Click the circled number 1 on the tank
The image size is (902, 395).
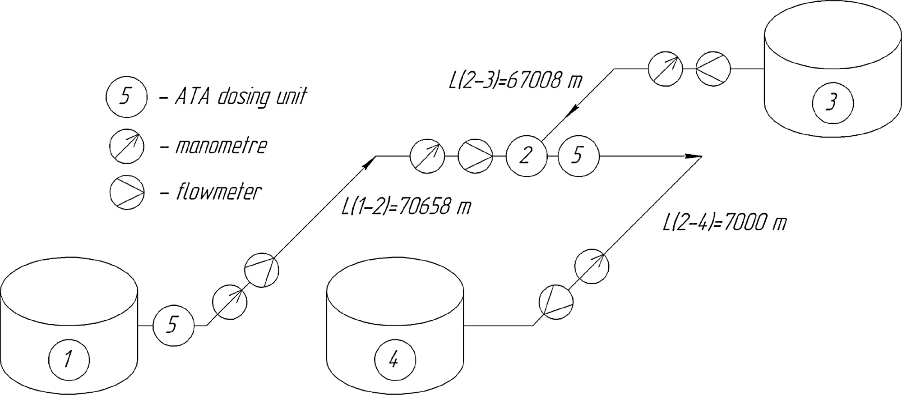click(69, 360)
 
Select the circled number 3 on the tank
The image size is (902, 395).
click(833, 103)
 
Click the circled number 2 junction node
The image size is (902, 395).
click(526, 156)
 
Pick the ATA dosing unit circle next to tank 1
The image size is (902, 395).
click(173, 325)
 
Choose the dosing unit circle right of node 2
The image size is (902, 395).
click(578, 156)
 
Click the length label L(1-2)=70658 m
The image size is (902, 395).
click(406, 207)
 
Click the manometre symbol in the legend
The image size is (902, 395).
click(127, 146)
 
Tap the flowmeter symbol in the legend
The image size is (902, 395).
click(127, 192)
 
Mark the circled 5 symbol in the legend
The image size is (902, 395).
click(126, 97)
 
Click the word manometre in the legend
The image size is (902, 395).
click(221, 146)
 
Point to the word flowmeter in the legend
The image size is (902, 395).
click(218, 192)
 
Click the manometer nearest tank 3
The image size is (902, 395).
click(665, 69)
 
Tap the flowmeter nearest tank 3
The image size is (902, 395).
click(713, 69)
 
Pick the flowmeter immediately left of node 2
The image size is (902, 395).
click(475, 156)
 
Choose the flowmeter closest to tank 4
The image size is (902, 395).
click(556, 302)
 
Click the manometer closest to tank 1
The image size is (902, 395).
click(230, 302)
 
